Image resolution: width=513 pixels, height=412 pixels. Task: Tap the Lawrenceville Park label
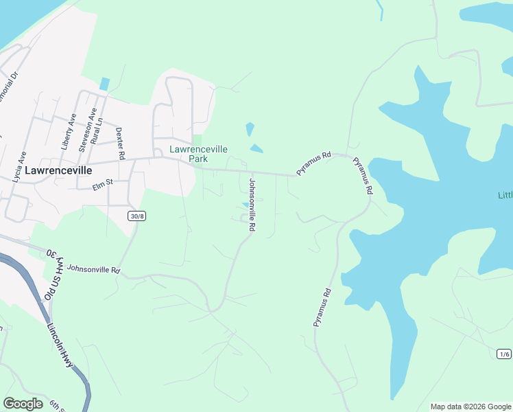(199, 154)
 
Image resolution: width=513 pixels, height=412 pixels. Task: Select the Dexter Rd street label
(120, 144)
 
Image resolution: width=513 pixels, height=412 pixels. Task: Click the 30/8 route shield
(136, 216)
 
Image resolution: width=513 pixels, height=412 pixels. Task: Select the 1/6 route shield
(504, 354)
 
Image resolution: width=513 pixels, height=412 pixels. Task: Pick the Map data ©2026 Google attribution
(470, 407)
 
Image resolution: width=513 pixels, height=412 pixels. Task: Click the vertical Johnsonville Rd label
(252, 204)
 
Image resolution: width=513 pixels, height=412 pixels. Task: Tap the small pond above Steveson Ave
(104, 84)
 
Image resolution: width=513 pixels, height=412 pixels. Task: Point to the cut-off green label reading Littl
(505, 195)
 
